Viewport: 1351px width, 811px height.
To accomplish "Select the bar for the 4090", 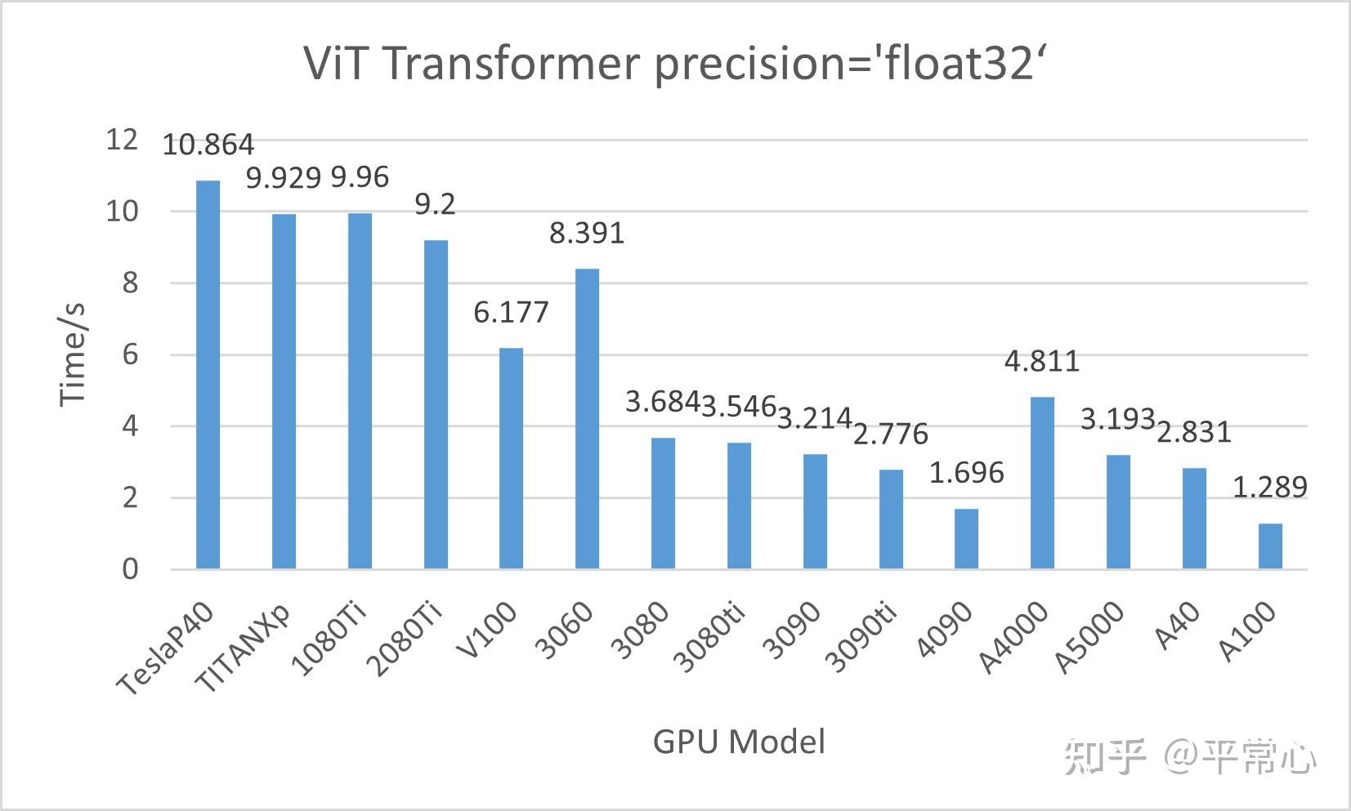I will click(x=966, y=538).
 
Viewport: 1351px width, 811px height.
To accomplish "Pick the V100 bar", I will click(x=511, y=457).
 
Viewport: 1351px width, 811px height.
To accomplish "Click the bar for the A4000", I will click(x=1042, y=482).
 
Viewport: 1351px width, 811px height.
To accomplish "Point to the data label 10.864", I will click(x=208, y=145).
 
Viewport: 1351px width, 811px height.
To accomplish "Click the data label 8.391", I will click(x=587, y=234).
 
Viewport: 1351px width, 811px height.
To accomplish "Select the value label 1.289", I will click(x=1269, y=488).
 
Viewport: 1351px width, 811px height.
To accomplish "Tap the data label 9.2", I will click(x=435, y=204).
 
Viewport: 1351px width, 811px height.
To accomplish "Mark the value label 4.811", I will click(x=1042, y=361).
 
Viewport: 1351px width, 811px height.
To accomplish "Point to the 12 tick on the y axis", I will click(x=122, y=140).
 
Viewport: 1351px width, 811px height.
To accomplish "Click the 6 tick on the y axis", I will click(x=130, y=354).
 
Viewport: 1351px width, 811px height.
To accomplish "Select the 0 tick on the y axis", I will click(x=130, y=569).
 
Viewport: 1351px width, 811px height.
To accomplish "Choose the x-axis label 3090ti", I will click(x=861, y=648).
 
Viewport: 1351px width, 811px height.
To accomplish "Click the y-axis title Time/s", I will click(x=74, y=354).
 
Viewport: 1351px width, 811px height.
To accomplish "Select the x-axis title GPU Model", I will click(x=739, y=742).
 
